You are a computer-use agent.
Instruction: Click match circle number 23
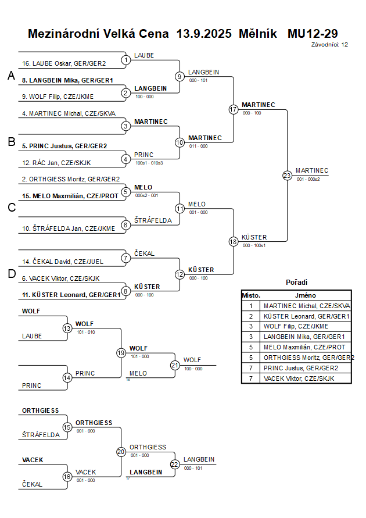click(x=287, y=176)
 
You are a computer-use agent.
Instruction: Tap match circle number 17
click(x=234, y=109)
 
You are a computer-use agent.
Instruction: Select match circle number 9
click(x=180, y=76)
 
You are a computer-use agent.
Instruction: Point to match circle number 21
click(x=175, y=365)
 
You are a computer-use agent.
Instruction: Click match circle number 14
click(x=67, y=378)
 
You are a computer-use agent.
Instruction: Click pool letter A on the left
click(x=10, y=76)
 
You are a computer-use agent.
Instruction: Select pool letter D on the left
click(x=10, y=274)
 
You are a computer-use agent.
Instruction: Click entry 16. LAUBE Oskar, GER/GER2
click(x=64, y=63)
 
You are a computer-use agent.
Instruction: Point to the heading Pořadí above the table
click(x=296, y=282)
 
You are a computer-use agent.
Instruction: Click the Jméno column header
click(x=305, y=295)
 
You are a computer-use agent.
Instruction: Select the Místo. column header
click(x=251, y=295)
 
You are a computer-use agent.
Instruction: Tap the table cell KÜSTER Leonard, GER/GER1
click(x=306, y=316)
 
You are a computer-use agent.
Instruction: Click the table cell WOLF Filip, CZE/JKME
click(x=296, y=326)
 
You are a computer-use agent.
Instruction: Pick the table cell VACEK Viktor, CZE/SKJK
click(x=299, y=378)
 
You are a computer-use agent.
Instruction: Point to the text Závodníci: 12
click(x=329, y=44)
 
